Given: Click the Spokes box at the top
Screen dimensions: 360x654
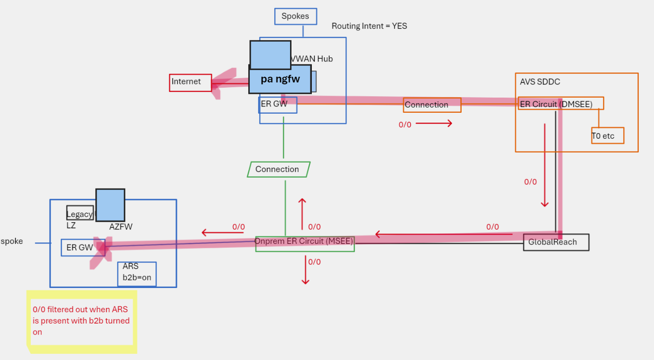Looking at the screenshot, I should pos(295,16).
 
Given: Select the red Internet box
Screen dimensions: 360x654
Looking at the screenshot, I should pos(190,82).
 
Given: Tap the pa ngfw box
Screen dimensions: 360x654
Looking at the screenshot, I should pos(280,79).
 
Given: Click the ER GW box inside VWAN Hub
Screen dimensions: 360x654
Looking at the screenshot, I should pos(278,105).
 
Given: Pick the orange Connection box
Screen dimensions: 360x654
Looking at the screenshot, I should pos(432,105).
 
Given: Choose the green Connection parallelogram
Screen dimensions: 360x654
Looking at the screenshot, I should pos(278,169).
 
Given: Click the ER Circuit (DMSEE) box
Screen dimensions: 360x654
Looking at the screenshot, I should pos(561,104).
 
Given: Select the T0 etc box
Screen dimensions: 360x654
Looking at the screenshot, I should pos(607,136).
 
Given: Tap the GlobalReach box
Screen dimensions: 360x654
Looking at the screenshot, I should pos(556,242).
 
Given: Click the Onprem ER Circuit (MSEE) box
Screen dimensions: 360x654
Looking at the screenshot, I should pos(305,243).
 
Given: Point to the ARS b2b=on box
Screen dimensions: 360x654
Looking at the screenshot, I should pos(137,274).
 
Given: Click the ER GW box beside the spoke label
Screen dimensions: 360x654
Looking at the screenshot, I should pos(79,247).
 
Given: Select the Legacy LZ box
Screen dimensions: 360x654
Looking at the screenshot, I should pos(79,214).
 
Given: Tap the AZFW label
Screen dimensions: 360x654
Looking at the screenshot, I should pos(121,227).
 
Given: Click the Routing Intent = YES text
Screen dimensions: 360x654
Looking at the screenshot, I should pos(369,26).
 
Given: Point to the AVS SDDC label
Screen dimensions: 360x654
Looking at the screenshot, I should pos(540,81).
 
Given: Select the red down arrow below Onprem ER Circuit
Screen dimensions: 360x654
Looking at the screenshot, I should pos(305,270).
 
